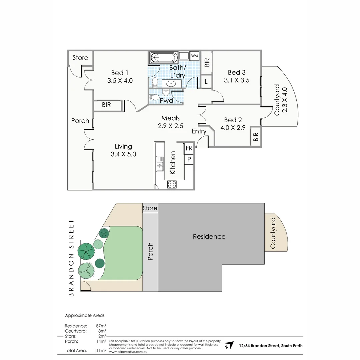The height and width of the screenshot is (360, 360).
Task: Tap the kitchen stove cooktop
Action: tap(172, 184)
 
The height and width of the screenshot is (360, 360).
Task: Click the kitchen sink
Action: tap(160, 163)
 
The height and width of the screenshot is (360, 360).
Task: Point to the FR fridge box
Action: tap(189, 148)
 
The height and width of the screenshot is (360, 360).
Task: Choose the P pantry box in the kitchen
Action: tap(189, 159)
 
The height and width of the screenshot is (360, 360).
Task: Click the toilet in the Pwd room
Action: tap(155, 97)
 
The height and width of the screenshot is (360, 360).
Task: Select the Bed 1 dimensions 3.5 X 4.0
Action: tap(120, 80)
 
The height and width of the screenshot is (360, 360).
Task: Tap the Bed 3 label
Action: tap(237, 72)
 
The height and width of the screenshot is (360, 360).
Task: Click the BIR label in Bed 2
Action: tap(256, 136)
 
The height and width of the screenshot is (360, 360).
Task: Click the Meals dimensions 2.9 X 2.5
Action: tap(170, 126)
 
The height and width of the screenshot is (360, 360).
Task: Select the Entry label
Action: tap(199, 131)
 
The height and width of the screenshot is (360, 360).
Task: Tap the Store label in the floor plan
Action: tap(80, 58)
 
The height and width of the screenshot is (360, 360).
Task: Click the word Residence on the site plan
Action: tap(209, 236)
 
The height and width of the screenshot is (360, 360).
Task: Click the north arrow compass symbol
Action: tap(229, 346)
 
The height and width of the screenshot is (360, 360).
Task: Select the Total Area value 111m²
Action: tap(100, 350)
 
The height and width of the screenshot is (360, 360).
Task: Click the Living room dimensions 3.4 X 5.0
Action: tap(123, 154)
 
